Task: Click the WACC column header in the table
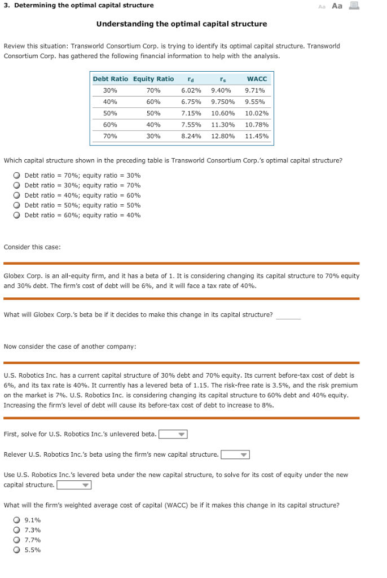(x=257, y=79)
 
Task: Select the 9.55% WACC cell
(x=255, y=102)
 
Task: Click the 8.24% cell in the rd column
(x=191, y=136)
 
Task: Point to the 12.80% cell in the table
(x=223, y=136)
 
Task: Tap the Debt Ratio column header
(x=110, y=79)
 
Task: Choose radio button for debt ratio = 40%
(x=17, y=195)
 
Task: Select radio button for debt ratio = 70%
(x=17, y=176)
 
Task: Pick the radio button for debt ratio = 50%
(x=17, y=205)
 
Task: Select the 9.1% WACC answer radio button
(x=17, y=520)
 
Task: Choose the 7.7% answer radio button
(x=17, y=540)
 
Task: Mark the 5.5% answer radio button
(x=17, y=550)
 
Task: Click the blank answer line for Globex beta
(x=288, y=316)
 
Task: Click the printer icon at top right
(x=354, y=6)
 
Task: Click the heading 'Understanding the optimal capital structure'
(x=182, y=24)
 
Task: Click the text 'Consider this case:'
(x=32, y=247)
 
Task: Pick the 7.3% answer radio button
(x=17, y=530)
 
